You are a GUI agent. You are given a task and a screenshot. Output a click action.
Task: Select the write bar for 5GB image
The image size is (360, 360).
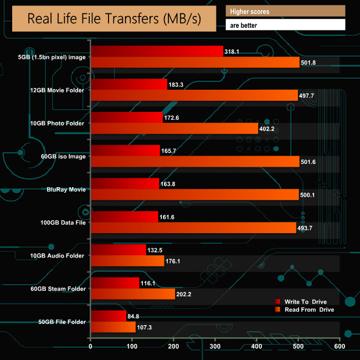click(x=157, y=51)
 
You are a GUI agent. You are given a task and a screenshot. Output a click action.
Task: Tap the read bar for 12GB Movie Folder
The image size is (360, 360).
click(x=194, y=95)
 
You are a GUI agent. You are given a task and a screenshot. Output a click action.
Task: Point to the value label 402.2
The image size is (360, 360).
click(x=269, y=129)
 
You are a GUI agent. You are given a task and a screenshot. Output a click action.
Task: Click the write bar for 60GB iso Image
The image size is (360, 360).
click(x=125, y=151)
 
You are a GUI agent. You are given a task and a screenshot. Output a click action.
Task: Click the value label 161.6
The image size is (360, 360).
click(x=168, y=218)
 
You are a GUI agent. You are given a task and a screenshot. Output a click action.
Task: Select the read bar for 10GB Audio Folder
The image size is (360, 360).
click(x=127, y=261)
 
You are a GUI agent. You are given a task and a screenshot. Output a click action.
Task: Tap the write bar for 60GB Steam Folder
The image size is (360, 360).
click(x=115, y=283)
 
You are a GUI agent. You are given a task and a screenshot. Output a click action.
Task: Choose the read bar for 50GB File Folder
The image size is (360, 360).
click(x=113, y=327)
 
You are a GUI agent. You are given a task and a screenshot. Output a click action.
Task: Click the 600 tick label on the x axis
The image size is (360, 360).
click(x=340, y=347)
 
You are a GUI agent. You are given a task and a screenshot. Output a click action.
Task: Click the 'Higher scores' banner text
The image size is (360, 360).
click(x=250, y=11)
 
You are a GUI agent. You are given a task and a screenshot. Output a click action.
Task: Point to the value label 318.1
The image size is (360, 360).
click(x=233, y=52)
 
